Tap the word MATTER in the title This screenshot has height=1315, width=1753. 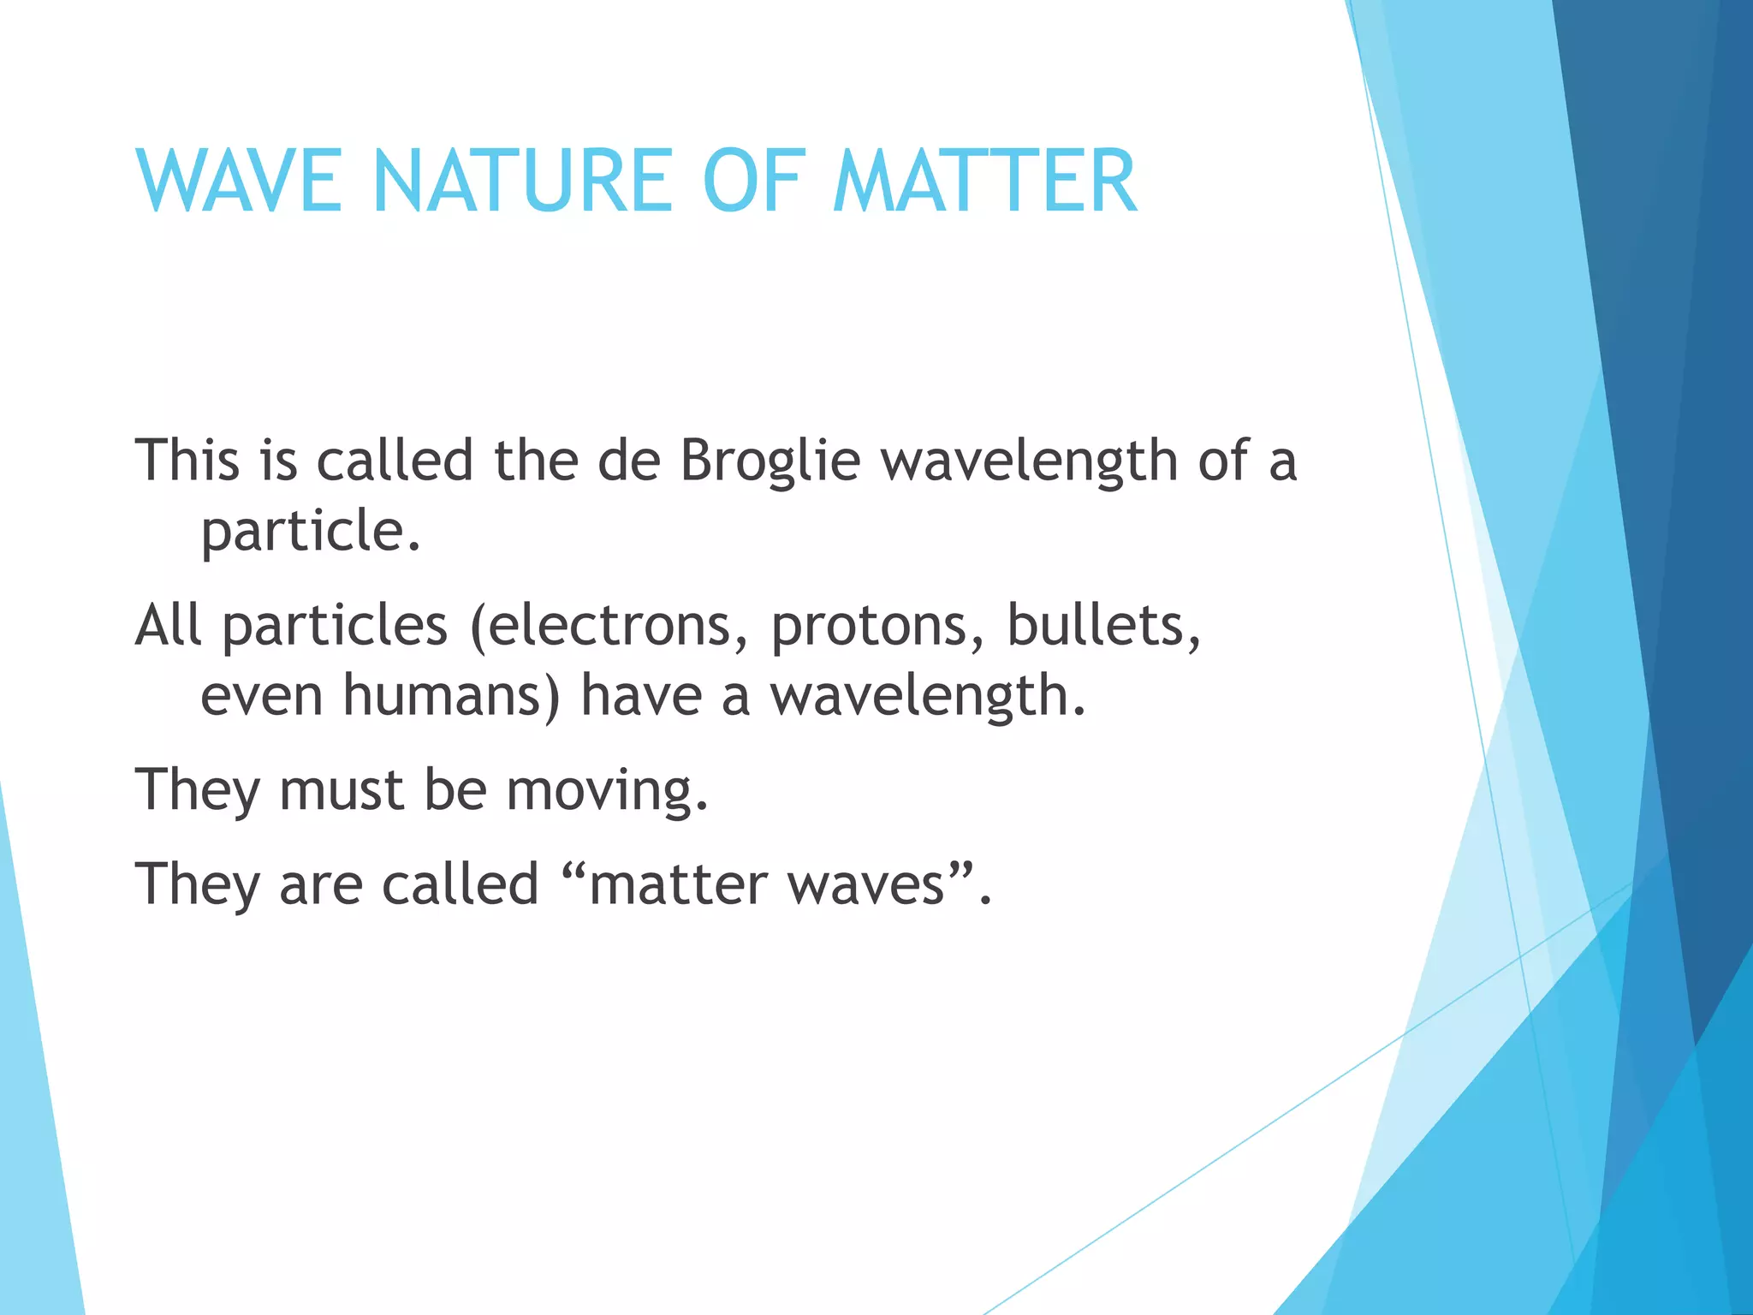[985, 181]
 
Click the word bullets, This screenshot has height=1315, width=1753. [1103, 626]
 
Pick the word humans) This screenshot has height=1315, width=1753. [451, 696]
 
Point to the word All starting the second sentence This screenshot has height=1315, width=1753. [169, 625]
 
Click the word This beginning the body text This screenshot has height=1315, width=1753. [187, 461]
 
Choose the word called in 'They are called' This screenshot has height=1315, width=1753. [460, 884]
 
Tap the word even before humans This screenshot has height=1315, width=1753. [262, 696]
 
